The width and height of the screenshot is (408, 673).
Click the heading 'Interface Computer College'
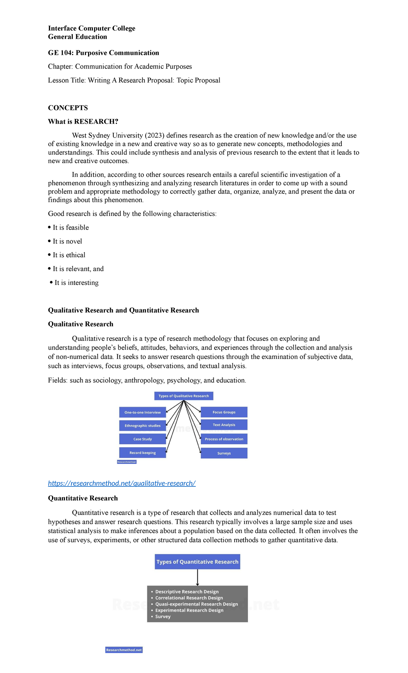pos(91,28)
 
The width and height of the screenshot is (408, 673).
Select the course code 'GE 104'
pos(60,53)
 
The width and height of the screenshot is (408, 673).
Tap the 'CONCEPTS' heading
pos(68,108)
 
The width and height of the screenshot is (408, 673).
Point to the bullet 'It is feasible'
pos(70,228)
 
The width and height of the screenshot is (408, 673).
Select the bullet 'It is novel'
pos(67,241)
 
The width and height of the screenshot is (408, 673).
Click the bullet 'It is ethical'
pos(69,255)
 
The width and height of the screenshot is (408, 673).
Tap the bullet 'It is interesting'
pos(76,283)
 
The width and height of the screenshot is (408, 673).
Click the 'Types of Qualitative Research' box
pos(184,396)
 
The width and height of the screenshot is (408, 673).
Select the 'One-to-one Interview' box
pos(142,412)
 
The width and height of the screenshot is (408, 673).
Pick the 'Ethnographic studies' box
pos(142,426)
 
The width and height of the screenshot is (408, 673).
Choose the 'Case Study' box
pos(142,439)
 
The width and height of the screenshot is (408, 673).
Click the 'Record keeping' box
pos(142,453)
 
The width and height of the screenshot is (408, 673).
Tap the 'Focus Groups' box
pos(224,412)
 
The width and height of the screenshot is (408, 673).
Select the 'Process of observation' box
pos(224,439)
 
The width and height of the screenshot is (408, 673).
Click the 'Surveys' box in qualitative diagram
pos(224,453)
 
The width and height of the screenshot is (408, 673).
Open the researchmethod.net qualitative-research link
pos(122,483)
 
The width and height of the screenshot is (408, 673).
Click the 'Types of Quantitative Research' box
pos(197,562)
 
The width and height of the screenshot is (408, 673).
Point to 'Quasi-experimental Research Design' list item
pos(196,604)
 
